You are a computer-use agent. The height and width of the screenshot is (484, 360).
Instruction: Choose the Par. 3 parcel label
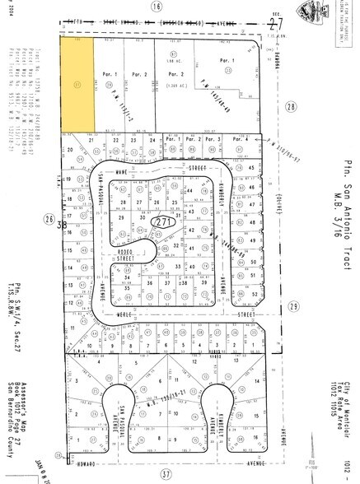215,140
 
